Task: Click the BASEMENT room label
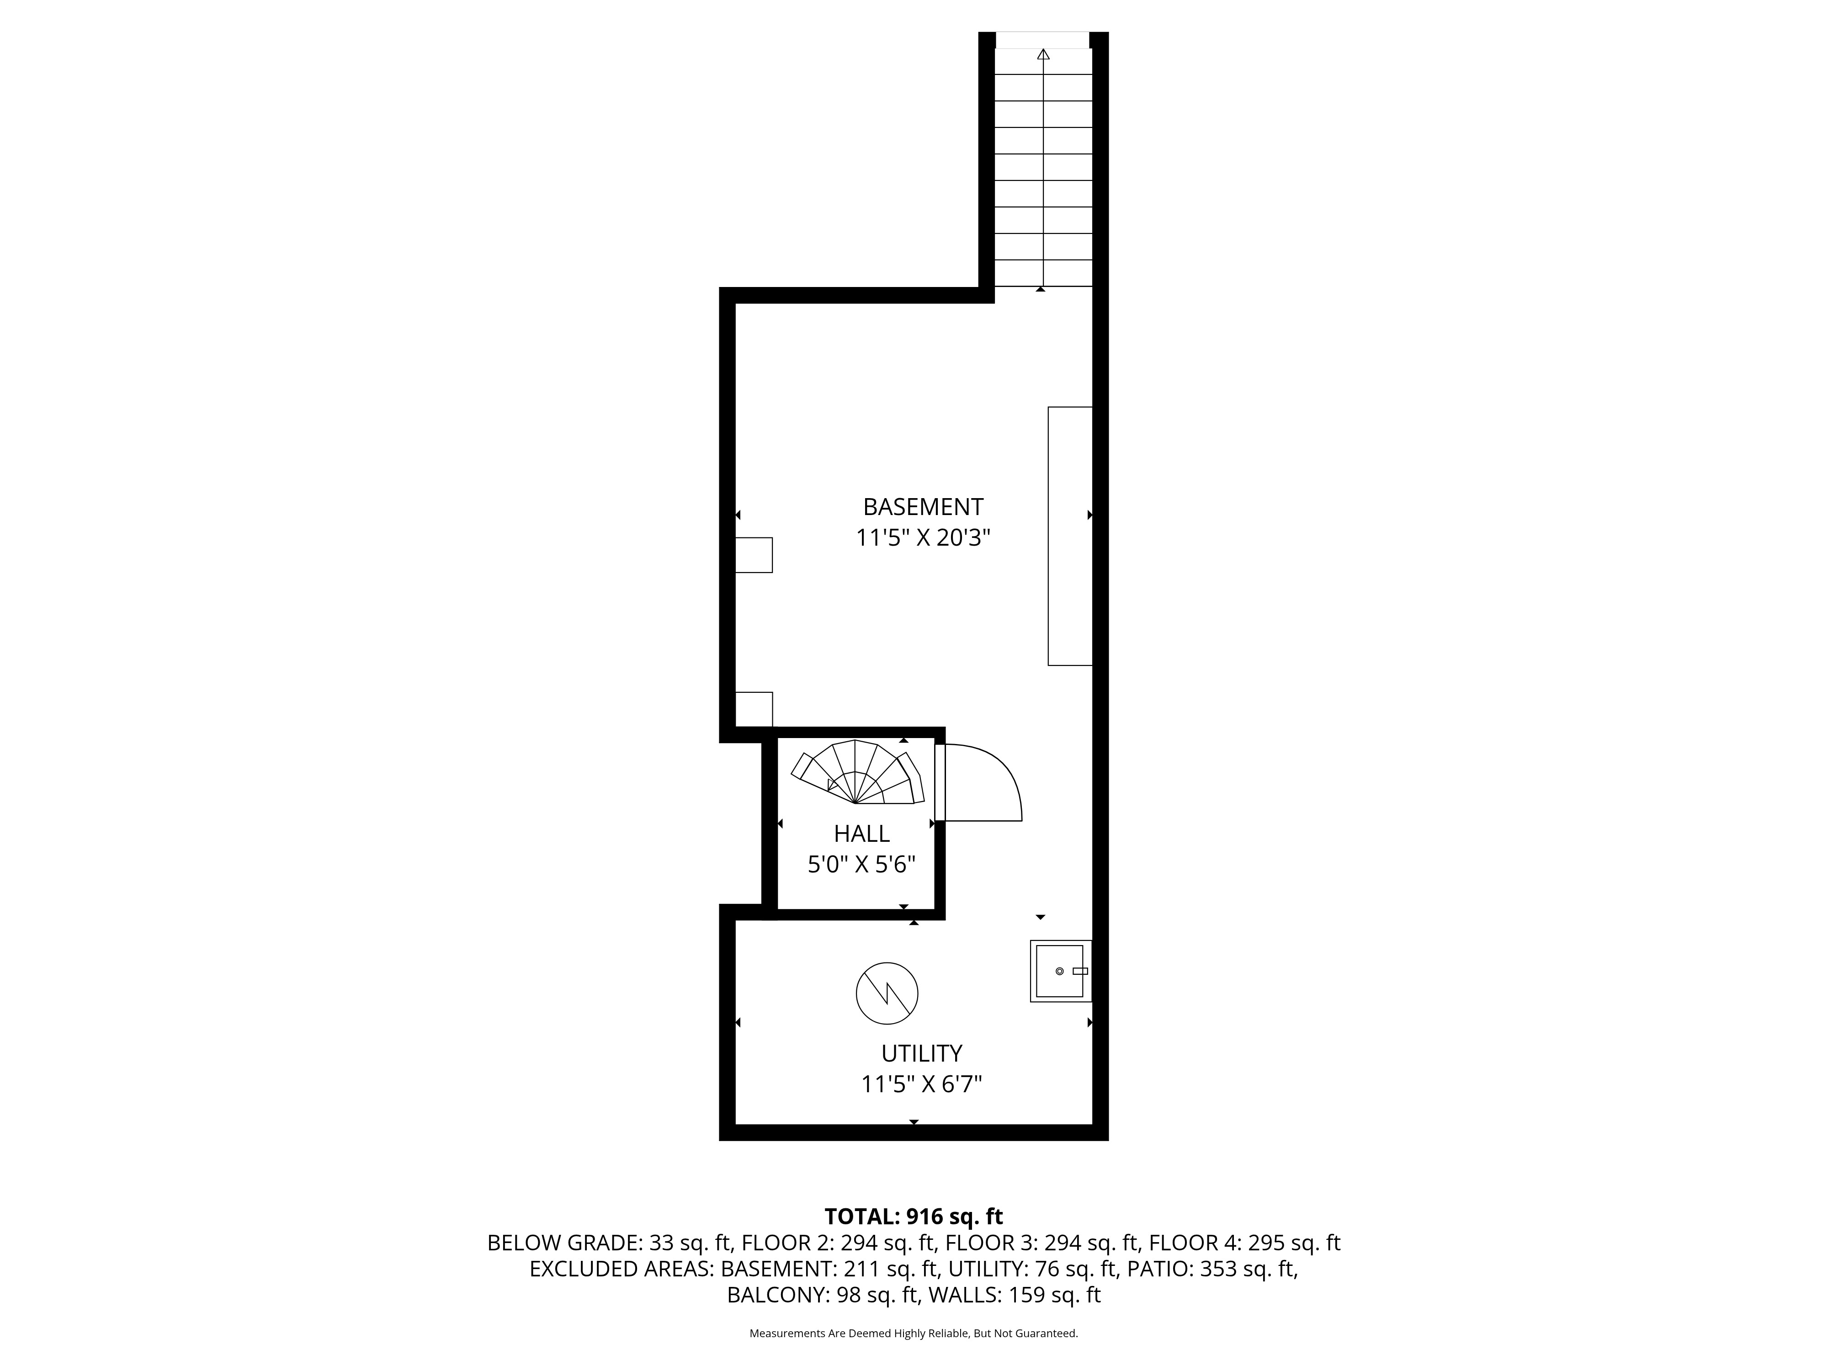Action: pyautogui.click(x=923, y=506)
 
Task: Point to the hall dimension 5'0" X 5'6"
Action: pyautogui.click(x=862, y=865)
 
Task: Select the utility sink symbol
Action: pyautogui.click(x=1061, y=971)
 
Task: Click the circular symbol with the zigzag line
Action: pyautogui.click(x=887, y=993)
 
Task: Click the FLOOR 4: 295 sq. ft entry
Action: pyautogui.click(x=1244, y=1243)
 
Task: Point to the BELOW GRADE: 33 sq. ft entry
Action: pyautogui.click(x=610, y=1243)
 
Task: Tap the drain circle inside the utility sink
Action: pyautogui.click(x=1059, y=971)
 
